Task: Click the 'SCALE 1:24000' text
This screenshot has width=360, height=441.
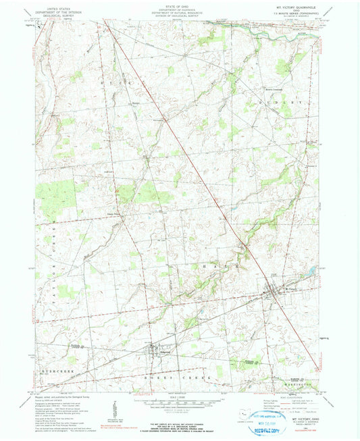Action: click(180, 397)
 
